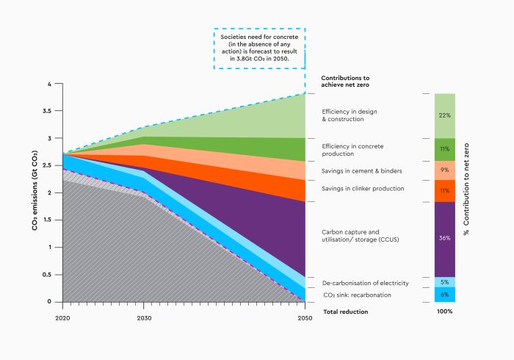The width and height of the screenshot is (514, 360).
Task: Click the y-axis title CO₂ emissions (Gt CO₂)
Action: tap(35, 192)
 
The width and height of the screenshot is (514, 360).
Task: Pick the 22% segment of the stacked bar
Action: tap(445, 115)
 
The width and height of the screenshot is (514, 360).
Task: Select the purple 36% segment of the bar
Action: tap(445, 238)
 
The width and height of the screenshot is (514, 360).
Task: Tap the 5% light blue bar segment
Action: tap(445, 282)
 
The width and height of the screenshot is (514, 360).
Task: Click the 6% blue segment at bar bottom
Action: tap(445, 295)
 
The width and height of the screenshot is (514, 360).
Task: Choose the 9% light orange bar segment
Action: tap(445, 170)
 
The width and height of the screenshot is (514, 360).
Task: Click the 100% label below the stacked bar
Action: tap(445, 312)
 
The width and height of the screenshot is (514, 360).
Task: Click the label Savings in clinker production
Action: tap(363, 189)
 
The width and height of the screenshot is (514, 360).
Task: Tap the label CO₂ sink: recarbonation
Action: tap(357, 295)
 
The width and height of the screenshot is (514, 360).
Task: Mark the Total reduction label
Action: tap(345, 312)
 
